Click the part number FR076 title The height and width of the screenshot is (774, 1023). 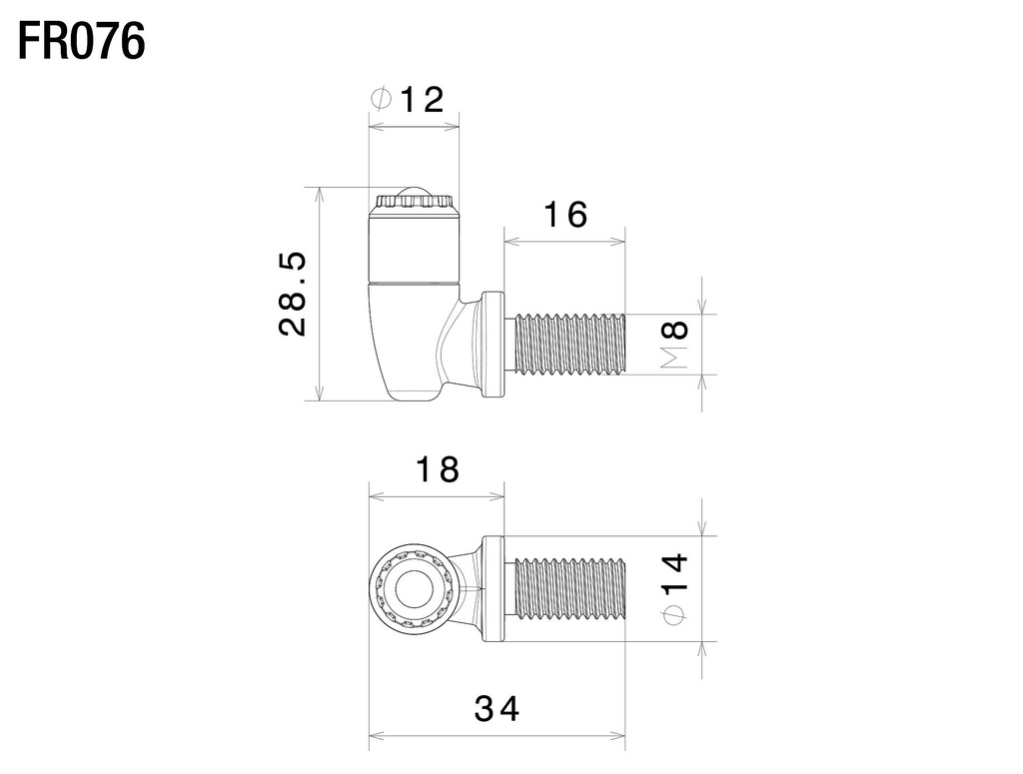83,42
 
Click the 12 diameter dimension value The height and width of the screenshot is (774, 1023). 421,99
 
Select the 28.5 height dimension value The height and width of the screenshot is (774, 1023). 293,294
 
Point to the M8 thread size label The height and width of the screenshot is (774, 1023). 676,344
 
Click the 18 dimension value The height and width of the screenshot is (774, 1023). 437,468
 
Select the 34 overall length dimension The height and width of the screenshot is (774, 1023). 497,709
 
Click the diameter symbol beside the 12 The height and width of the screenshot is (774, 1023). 381,99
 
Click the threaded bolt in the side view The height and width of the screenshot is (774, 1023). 567,345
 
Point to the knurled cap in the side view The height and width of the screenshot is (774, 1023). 414,205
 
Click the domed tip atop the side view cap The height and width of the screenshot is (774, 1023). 414,192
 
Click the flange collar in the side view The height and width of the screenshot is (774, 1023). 494,345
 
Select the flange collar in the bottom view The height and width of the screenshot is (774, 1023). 494,587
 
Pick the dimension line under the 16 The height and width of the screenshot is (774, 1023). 564,241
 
